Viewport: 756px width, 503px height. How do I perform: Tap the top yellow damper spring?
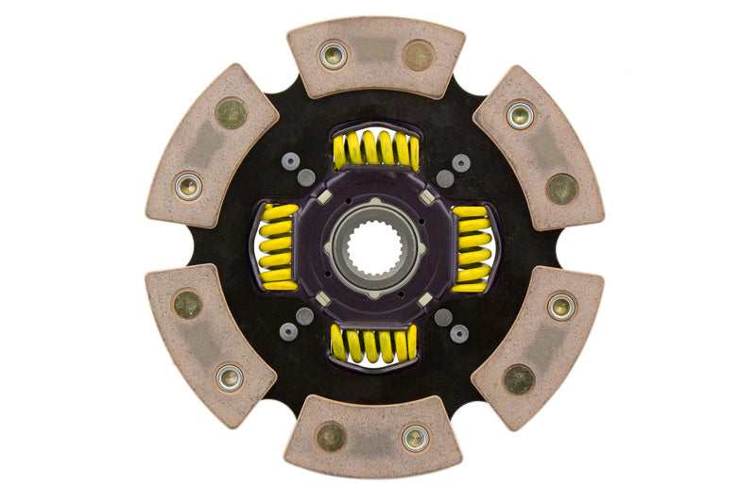[376, 149]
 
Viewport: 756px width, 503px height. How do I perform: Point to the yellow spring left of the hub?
[277, 246]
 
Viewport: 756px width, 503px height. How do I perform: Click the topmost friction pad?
[376, 58]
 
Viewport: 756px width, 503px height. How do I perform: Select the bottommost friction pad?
[374, 437]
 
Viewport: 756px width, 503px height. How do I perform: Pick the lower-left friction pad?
[211, 344]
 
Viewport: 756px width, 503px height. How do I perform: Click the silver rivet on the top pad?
[333, 55]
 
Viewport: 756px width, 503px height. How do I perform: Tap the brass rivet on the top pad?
[418, 55]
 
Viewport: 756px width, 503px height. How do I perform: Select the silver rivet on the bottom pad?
[415, 438]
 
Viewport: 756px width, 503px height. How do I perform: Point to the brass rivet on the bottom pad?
[331, 437]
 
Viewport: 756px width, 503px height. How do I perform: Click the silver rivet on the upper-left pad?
[188, 185]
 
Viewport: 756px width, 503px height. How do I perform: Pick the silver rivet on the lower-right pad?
[561, 306]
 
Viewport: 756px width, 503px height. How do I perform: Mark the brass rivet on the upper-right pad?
[562, 188]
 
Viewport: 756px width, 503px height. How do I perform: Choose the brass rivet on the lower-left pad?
[187, 304]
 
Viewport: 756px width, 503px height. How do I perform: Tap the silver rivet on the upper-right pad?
[520, 115]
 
